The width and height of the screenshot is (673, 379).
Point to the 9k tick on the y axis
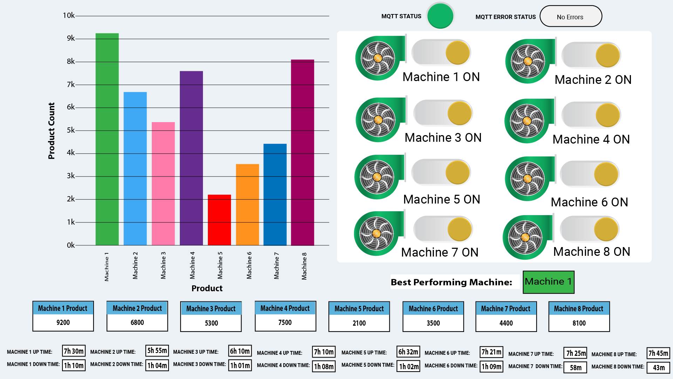(x=70, y=38)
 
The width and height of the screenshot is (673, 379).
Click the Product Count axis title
(x=52, y=131)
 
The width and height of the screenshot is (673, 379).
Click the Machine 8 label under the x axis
(x=304, y=266)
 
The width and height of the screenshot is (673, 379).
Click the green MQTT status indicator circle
(x=440, y=16)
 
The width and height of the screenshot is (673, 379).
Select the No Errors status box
(x=570, y=16)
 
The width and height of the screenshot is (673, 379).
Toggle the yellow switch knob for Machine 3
(x=459, y=113)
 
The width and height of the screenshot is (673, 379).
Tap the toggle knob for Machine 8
(x=606, y=229)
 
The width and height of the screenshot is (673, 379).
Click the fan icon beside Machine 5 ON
(x=377, y=177)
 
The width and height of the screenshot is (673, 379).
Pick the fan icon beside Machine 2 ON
(x=528, y=61)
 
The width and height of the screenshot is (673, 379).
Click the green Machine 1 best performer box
(x=548, y=282)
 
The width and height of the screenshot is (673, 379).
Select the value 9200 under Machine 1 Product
(x=63, y=323)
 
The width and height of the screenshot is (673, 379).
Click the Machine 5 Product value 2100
(x=359, y=323)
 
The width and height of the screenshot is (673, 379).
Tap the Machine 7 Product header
(x=505, y=308)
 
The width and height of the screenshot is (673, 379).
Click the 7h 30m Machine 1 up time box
(x=74, y=351)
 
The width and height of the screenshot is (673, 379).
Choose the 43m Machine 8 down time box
(x=658, y=367)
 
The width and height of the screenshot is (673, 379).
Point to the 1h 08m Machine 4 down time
(x=324, y=367)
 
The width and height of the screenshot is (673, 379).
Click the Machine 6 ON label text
(x=589, y=202)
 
